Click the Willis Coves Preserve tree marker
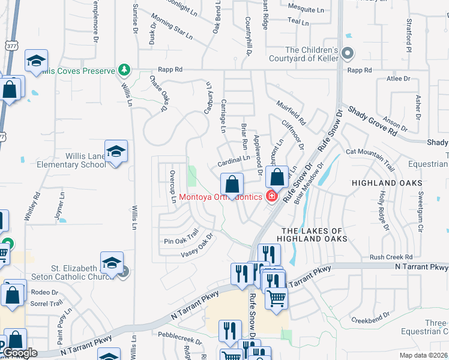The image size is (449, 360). (125, 70)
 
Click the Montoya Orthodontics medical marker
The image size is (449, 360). (271, 196)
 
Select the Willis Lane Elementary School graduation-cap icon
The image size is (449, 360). (116, 151)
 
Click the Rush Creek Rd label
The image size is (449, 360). (391, 257)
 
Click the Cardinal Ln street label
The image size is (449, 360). (234, 161)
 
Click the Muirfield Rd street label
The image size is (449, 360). (292, 113)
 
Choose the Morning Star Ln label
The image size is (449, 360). (172, 26)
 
